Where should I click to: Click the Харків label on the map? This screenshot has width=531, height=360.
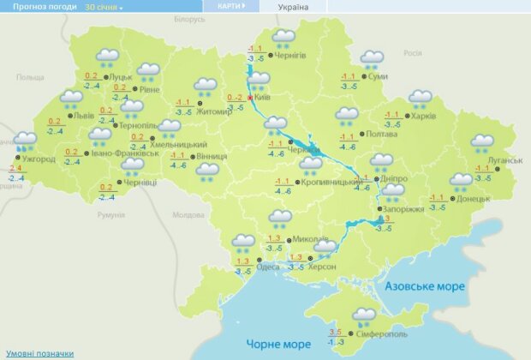click(x=423, y=117)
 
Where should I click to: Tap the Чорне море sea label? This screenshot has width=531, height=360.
click(x=277, y=344)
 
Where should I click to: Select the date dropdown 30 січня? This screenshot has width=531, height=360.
click(x=103, y=6)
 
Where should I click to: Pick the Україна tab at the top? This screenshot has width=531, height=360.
click(x=294, y=6)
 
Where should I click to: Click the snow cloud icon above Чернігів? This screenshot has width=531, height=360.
click(x=283, y=39)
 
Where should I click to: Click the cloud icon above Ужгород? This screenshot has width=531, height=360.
click(x=25, y=140)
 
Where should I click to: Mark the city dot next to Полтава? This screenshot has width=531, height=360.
click(x=359, y=134)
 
